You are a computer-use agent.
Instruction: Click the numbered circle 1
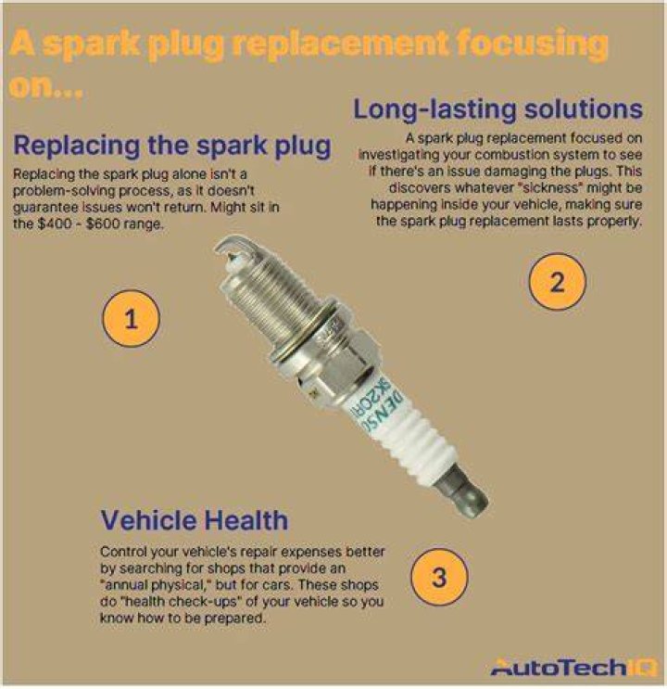(x=131, y=319)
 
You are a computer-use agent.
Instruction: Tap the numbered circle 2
(x=558, y=282)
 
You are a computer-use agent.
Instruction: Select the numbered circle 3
(x=439, y=577)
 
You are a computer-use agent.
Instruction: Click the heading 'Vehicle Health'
(x=195, y=520)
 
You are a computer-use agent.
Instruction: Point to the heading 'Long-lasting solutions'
(x=498, y=109)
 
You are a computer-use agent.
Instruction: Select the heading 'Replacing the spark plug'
(x=172, y=146)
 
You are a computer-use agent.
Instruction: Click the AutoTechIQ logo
(x=573, y=667)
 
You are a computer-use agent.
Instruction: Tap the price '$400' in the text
(x=54, y=224)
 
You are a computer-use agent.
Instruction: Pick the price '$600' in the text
(x=103, y=224)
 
